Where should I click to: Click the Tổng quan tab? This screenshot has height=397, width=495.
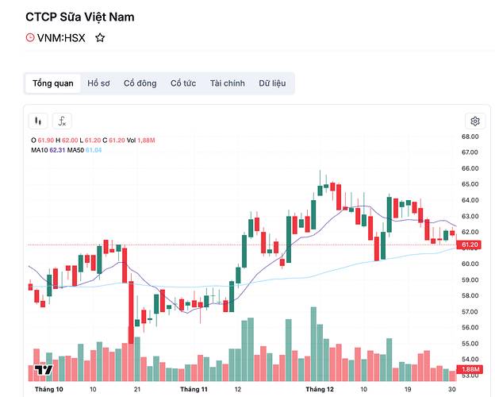(x=53, y=83)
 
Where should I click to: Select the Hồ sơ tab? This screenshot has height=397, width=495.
(x=99, y=83)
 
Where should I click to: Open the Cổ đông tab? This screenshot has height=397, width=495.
(x=140, y=83)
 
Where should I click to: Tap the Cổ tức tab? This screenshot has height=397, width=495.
(x=183, y=83)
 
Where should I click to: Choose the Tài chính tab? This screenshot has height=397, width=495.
(x=227, y=83)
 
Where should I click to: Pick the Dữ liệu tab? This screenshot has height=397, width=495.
(x=272, y=83)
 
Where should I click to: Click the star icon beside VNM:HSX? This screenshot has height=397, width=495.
(x=100, y=37)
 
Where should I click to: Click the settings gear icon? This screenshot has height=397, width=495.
(x=475, y=121)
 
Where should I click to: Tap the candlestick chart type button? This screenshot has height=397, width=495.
(x=38, y=121)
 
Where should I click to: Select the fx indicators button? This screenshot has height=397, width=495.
(x=61, y=121)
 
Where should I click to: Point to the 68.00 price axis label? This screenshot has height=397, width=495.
(x=470, y=137)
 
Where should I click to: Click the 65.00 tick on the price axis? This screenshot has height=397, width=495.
(x=470, y=184)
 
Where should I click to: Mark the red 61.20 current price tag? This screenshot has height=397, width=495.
(x=470, y=245)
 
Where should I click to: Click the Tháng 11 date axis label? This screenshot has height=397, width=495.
(x=194, y=390)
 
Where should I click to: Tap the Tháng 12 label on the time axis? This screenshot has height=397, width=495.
(x=320, y=390)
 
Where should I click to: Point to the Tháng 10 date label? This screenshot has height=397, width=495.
(x=49, y=390)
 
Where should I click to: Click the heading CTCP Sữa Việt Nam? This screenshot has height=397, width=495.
(x=91, y=16)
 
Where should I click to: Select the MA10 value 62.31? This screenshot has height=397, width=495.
(x=57, y=149)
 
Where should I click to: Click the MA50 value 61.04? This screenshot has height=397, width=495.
(x=94, y=149)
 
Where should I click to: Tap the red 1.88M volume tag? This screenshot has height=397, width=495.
(x=470, y=370)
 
